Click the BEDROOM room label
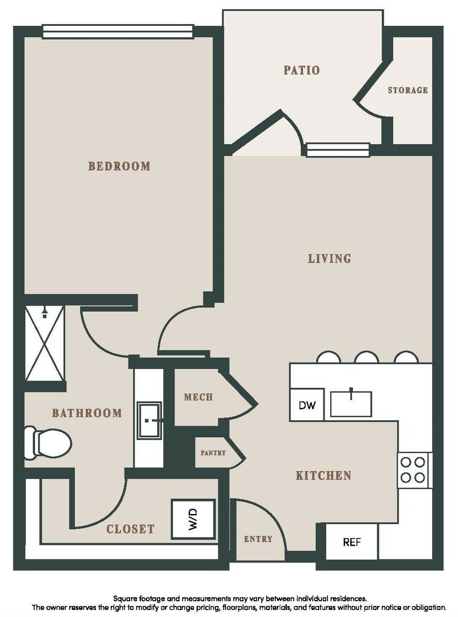(119, 166)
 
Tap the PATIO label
(302, 70)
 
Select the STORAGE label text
(408, 90)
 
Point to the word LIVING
(330, 259)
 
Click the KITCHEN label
(324, 475)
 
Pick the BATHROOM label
(87, 413)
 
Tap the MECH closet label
(198, 397)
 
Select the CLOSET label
(131, 529)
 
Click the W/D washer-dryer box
(194, 519)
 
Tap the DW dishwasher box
(307, 404)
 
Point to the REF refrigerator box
(351, 541)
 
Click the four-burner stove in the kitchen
(414, 470)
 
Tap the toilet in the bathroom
(48, 443)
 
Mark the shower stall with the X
(44, 343)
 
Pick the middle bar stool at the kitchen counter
(367, 357)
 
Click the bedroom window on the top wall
(118, 31)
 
